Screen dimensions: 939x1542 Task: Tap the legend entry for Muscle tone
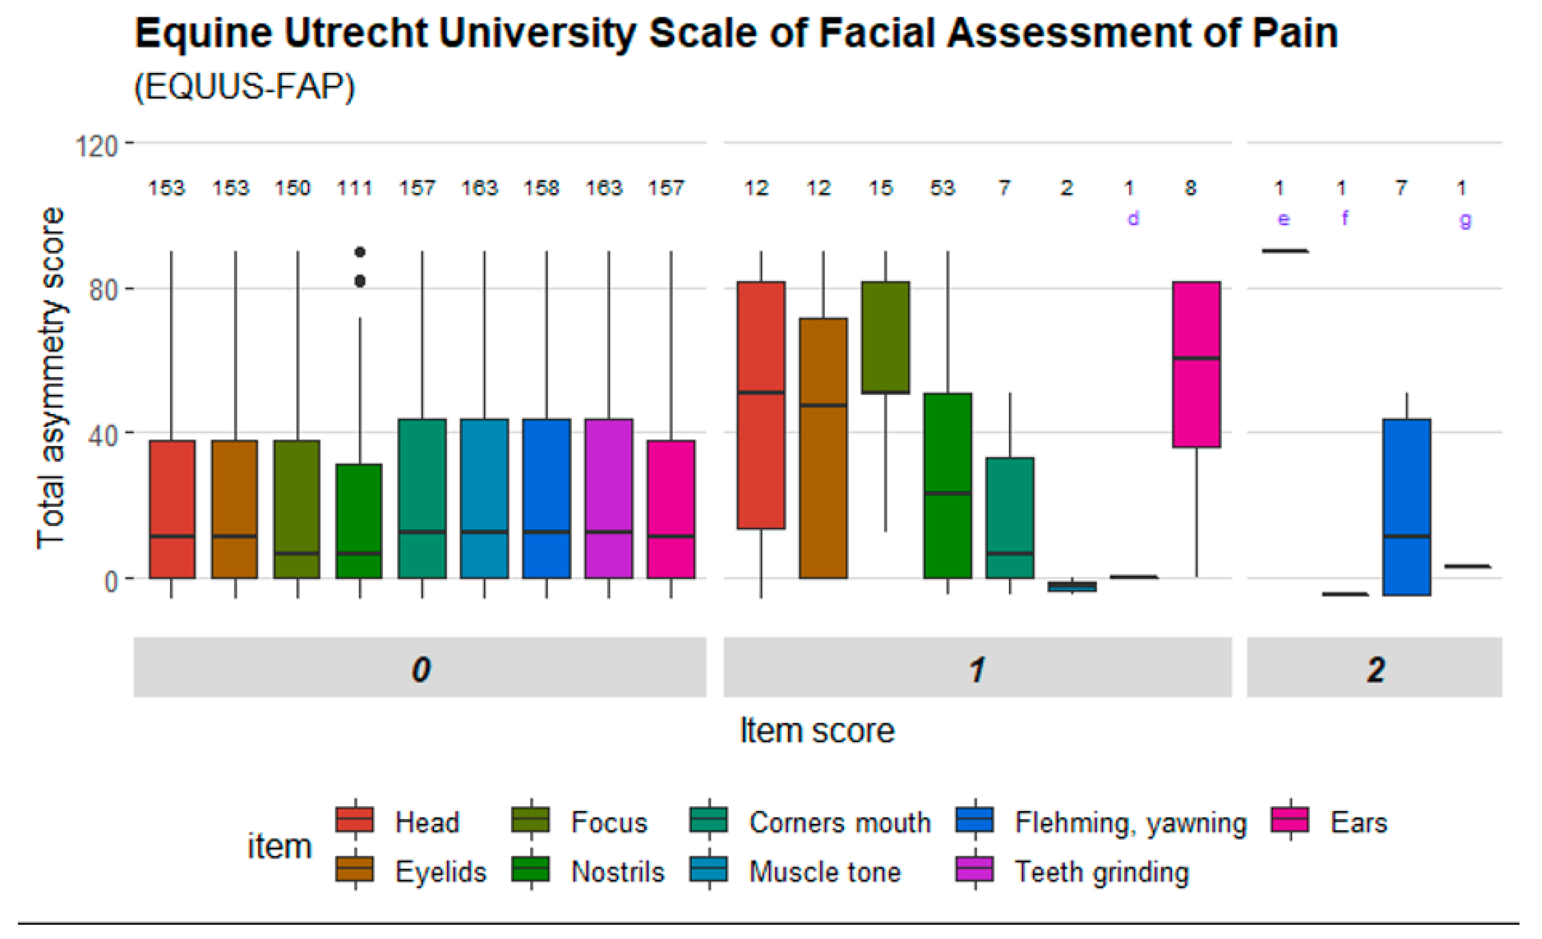tap(824, 871)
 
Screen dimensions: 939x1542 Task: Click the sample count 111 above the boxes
tap(354, 188)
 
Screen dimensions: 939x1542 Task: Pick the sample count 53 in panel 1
tap(942, 188)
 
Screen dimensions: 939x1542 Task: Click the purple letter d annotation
tap(1133, 219)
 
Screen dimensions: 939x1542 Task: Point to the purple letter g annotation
tap(1465, 220)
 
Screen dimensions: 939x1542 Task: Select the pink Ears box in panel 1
tap(1196, 364)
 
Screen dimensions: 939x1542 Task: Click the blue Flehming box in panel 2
tap(1406, 507)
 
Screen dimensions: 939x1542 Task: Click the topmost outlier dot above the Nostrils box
tap(360, 252)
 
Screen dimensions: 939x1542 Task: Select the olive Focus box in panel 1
tap(885, 337)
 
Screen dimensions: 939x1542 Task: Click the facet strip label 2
tap(1375, 670)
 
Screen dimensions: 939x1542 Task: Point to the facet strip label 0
tap(420, 670)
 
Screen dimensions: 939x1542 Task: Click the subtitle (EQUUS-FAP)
tap(244, 86)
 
